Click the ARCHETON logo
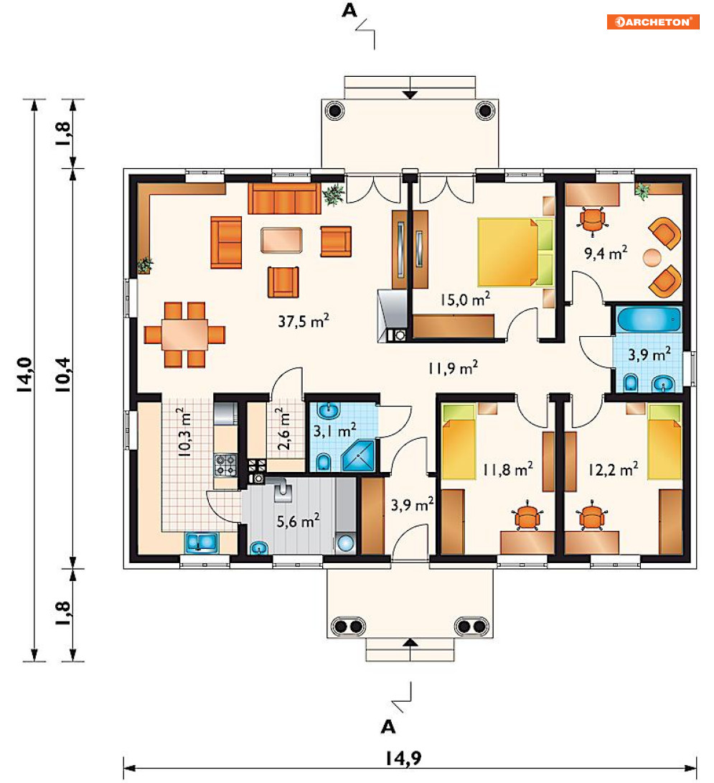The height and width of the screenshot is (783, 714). (x=652, y=22)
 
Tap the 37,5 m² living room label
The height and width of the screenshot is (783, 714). (x=304, y=320)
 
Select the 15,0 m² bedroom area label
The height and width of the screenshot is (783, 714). (x=465, y=299)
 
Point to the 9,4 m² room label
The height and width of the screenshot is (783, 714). (x=605, y=253)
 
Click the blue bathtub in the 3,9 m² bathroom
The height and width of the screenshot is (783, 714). (x=648, y=319)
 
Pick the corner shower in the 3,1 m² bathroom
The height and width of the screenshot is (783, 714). (x=358, y=455)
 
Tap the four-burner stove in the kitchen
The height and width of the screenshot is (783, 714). (x=225, y=465)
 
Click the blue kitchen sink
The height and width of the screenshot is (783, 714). (x=202, y=543)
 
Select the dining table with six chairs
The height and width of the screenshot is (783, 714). (x=184, y=335)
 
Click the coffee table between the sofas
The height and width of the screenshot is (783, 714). (x=281, y=240)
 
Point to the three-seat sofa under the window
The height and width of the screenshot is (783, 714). (x=284, y=198)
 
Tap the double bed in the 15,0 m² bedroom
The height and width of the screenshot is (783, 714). (x=515, y=251)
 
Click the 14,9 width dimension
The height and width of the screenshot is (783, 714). (x=403, y=758)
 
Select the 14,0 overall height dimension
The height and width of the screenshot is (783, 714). (x=25, y=375)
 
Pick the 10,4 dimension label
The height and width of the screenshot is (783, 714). (x=63, y=375)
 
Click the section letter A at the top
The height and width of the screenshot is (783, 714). (x=349, y=11)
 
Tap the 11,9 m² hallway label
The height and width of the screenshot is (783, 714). (x=453, y=368)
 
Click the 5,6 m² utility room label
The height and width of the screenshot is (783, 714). (x=298, y=521)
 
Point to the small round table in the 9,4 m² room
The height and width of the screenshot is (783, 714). (x=652, y=258)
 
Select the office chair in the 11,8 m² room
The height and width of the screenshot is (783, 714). (x=527, y=516)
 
